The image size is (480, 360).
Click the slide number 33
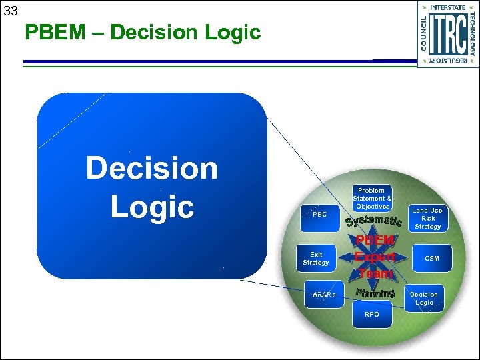click(10, 11)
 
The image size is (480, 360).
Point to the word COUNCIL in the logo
click(425, 33)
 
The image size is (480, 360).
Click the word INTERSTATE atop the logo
click(448, 7)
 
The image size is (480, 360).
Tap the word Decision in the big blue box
click(152, 168)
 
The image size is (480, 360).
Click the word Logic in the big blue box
click(152, 207)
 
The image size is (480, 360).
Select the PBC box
click(320, 215)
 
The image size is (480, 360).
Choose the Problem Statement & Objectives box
click(372, 199)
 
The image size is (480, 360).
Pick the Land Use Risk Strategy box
click(428, 219)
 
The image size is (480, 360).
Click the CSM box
click(432, 258)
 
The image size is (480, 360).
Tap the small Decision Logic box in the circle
click(424, 298)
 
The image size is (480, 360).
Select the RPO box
click(372, 314)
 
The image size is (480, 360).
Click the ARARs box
click(324, 295)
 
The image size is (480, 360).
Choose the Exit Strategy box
click(316, 258)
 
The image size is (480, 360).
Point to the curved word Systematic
click(373, 220)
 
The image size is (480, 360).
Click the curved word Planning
click(375, 293)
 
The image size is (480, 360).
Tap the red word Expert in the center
click(375, 257)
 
